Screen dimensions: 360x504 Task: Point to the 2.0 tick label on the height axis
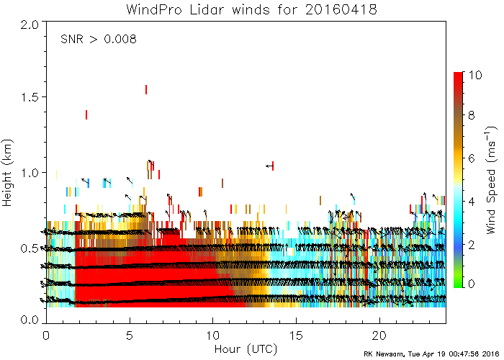[x=30, y=23]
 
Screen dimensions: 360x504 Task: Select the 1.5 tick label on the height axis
[x=30, y=97]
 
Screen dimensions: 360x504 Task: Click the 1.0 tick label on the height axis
[x=30, y=172]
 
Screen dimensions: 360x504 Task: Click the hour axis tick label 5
[x=130, y=336]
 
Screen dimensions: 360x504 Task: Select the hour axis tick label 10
[x=213, y=336]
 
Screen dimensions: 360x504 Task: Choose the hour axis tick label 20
[x=379, y=336]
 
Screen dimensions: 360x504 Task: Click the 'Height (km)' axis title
[x=8, y=171]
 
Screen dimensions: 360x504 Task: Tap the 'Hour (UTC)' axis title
[x=245, y=349]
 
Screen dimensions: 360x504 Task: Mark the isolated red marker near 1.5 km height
[x=146, y=89]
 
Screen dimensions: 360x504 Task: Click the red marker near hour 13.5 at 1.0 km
[x=273, y=166]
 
